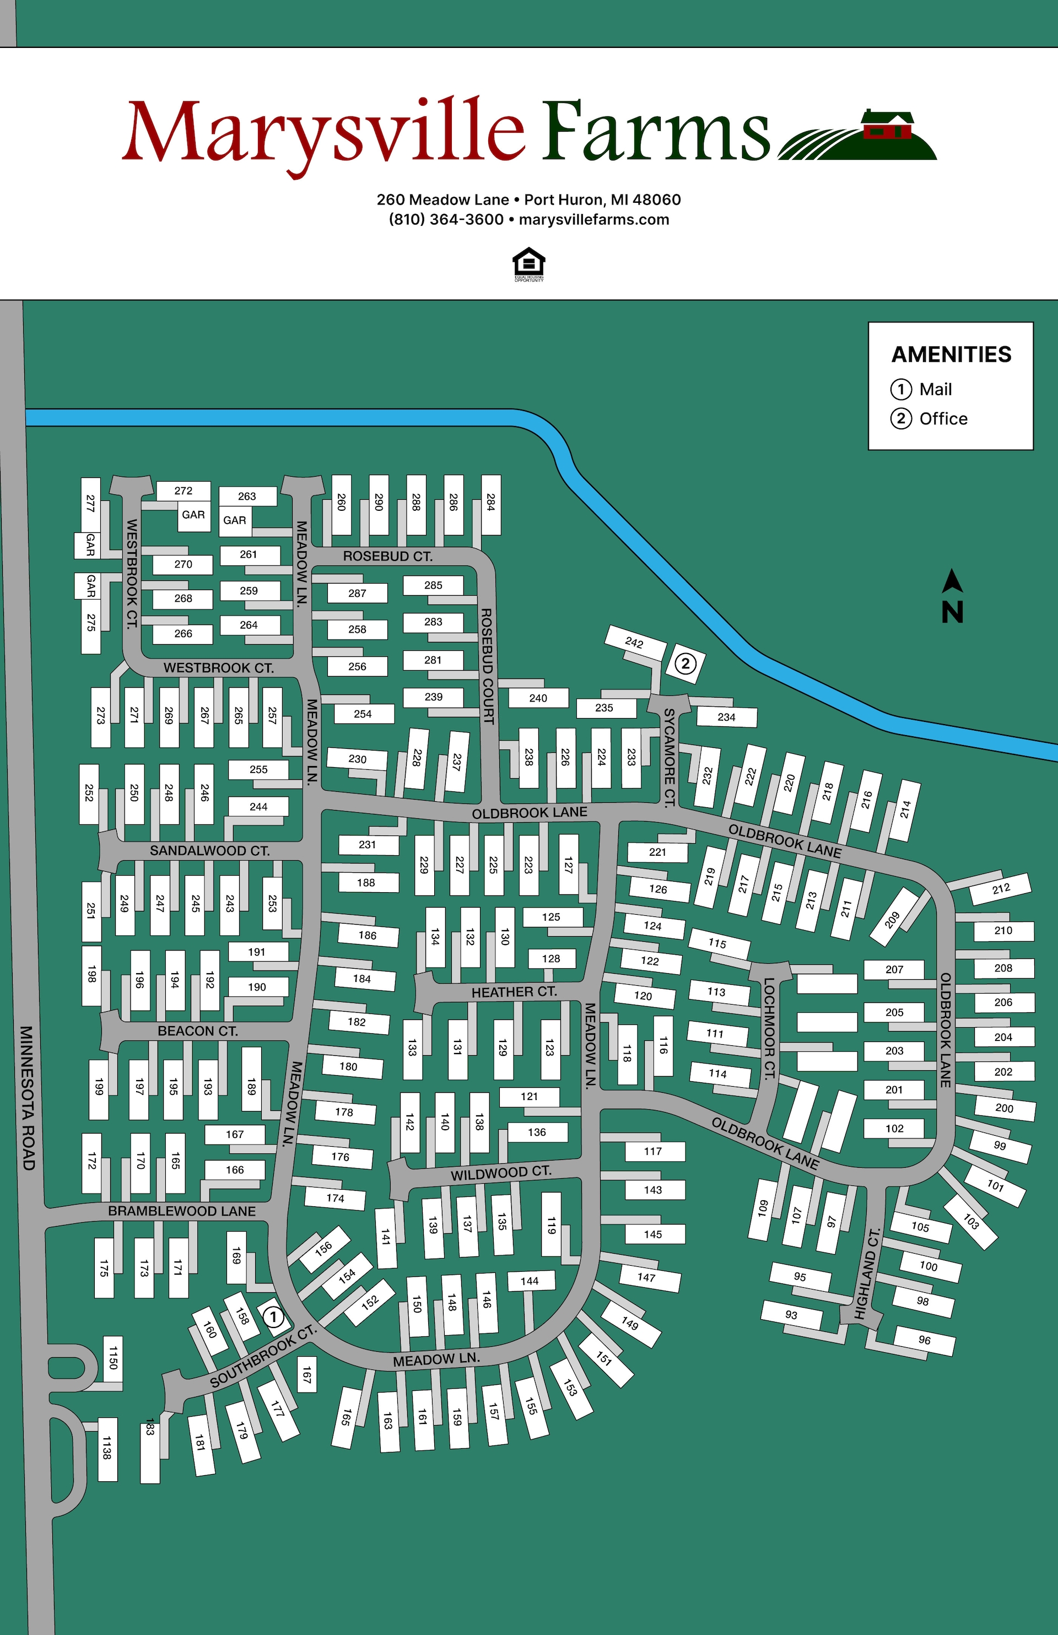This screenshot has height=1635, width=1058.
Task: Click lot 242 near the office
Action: point(635,643)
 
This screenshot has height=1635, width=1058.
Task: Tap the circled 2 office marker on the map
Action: point(685,663)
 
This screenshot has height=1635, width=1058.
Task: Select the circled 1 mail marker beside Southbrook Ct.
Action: point(273,1317)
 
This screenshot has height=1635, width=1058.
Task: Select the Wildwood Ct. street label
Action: point(501,1173)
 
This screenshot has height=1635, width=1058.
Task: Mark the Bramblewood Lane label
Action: point(181,1211)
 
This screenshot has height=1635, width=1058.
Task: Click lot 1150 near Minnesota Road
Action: point(112,1353)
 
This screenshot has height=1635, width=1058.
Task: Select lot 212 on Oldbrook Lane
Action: point(1000,889)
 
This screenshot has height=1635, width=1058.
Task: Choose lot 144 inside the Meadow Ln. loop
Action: point(529,1281)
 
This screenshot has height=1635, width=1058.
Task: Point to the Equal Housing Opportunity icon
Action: point(528,265)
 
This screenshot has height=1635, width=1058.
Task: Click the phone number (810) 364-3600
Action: point(446,220)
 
